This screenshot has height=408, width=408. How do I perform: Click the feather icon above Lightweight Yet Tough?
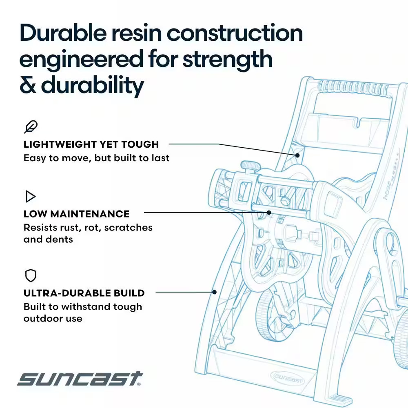tap(31, 127)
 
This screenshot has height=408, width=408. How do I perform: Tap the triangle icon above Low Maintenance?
tap(30, 197)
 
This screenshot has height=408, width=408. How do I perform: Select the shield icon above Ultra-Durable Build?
tap(31, 275)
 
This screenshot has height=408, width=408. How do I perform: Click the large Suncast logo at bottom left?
tap(80, 379)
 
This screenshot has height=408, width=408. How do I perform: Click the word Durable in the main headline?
tap(63, 33)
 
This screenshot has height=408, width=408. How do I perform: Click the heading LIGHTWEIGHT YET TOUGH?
tap(91, 144)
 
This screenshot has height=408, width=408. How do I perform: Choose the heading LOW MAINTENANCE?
tap(77, 214)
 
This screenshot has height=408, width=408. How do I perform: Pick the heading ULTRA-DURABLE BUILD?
tap(84, 293)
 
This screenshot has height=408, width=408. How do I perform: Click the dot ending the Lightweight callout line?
tap(297, 155)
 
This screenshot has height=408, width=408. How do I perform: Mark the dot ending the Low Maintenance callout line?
tap(269, 213)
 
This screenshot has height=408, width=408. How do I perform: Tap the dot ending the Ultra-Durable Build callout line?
tap(215, 292)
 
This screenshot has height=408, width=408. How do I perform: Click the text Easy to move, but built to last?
tap(97, 158)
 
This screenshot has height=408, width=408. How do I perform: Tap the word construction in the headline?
tap(235, 33)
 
